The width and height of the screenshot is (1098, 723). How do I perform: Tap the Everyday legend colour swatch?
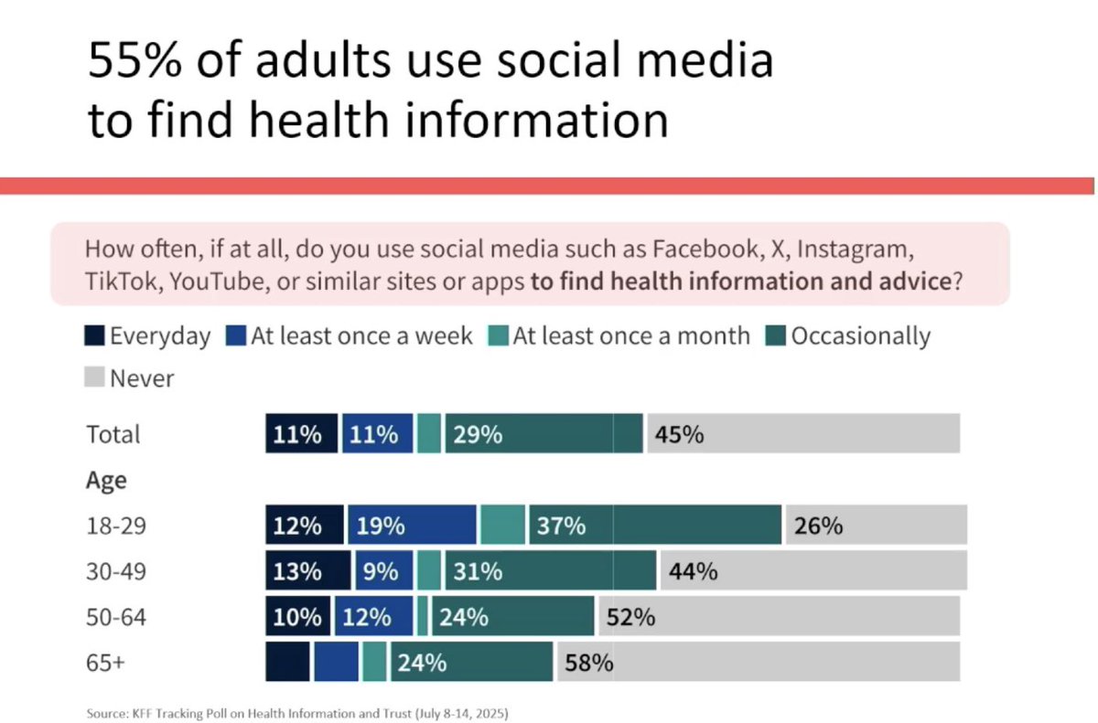[96, 335]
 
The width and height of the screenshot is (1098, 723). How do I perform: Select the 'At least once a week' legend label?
[361, 335]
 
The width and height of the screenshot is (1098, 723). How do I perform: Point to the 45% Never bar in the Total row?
[803, 433]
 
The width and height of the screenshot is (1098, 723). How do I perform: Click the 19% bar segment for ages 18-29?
[412, 526]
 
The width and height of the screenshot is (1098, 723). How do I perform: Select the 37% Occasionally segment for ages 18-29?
[654, 526]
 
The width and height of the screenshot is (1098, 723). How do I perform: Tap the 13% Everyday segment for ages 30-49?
[307, 571]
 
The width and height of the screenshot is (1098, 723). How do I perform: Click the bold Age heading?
[106, 480]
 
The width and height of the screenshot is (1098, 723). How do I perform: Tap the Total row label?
[113, 434]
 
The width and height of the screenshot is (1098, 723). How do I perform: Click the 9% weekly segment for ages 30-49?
[384, 571]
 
